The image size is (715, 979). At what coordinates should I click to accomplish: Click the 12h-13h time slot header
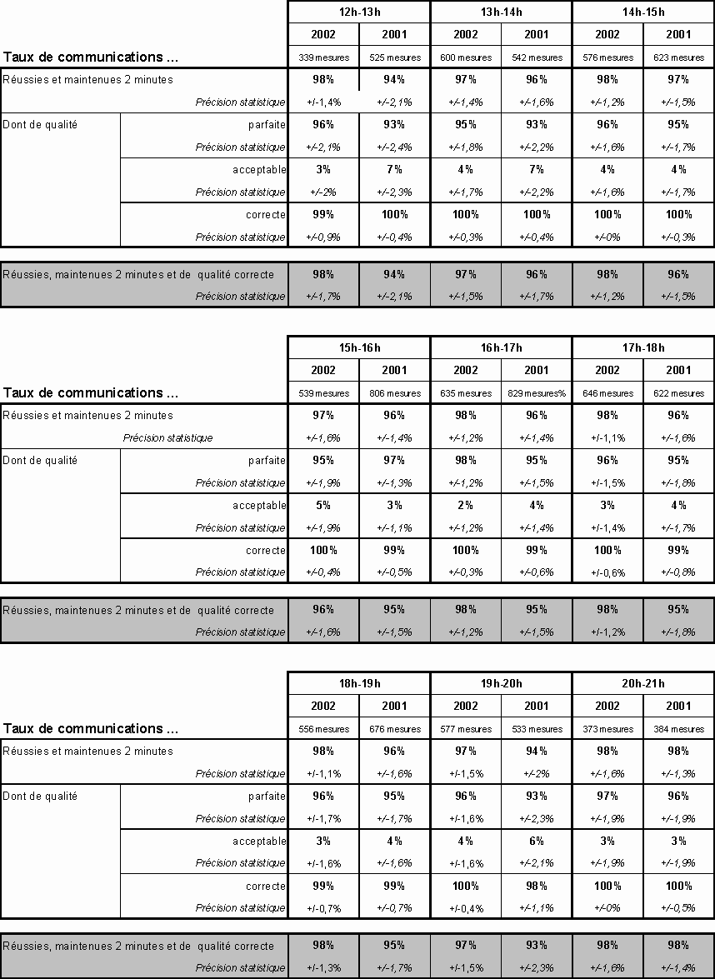point(359,12)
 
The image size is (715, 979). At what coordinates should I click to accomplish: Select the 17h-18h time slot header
point(642,347)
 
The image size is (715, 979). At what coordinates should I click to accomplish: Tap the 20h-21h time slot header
point(642,683)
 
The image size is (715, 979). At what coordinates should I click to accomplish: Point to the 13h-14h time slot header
point(501,12)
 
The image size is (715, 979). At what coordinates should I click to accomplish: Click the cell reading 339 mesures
point(323,57)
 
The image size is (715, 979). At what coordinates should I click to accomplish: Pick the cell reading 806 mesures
point(394,393)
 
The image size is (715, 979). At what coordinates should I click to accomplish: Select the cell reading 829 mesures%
point(537,393)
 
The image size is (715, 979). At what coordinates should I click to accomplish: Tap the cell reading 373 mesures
point(607,729)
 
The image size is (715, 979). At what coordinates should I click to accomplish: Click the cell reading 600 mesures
point(466,57)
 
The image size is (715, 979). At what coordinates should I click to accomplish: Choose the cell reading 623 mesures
point(678,57)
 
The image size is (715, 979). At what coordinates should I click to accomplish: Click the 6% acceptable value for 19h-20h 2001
point(537,841)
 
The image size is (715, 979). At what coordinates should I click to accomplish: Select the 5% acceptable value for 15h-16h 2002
point(323,505)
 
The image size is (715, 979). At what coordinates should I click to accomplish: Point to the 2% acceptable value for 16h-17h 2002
point(466,505)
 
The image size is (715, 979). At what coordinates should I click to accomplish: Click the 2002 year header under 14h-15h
point(607,34)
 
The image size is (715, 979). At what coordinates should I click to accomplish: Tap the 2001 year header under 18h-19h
point(394,706)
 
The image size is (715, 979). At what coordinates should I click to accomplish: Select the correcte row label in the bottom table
point(266,886)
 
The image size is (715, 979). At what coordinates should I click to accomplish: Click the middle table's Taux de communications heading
point(91,392)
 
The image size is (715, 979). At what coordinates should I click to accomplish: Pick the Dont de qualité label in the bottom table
point(40,796)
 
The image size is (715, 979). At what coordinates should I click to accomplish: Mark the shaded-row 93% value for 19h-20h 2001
point(537,945)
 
